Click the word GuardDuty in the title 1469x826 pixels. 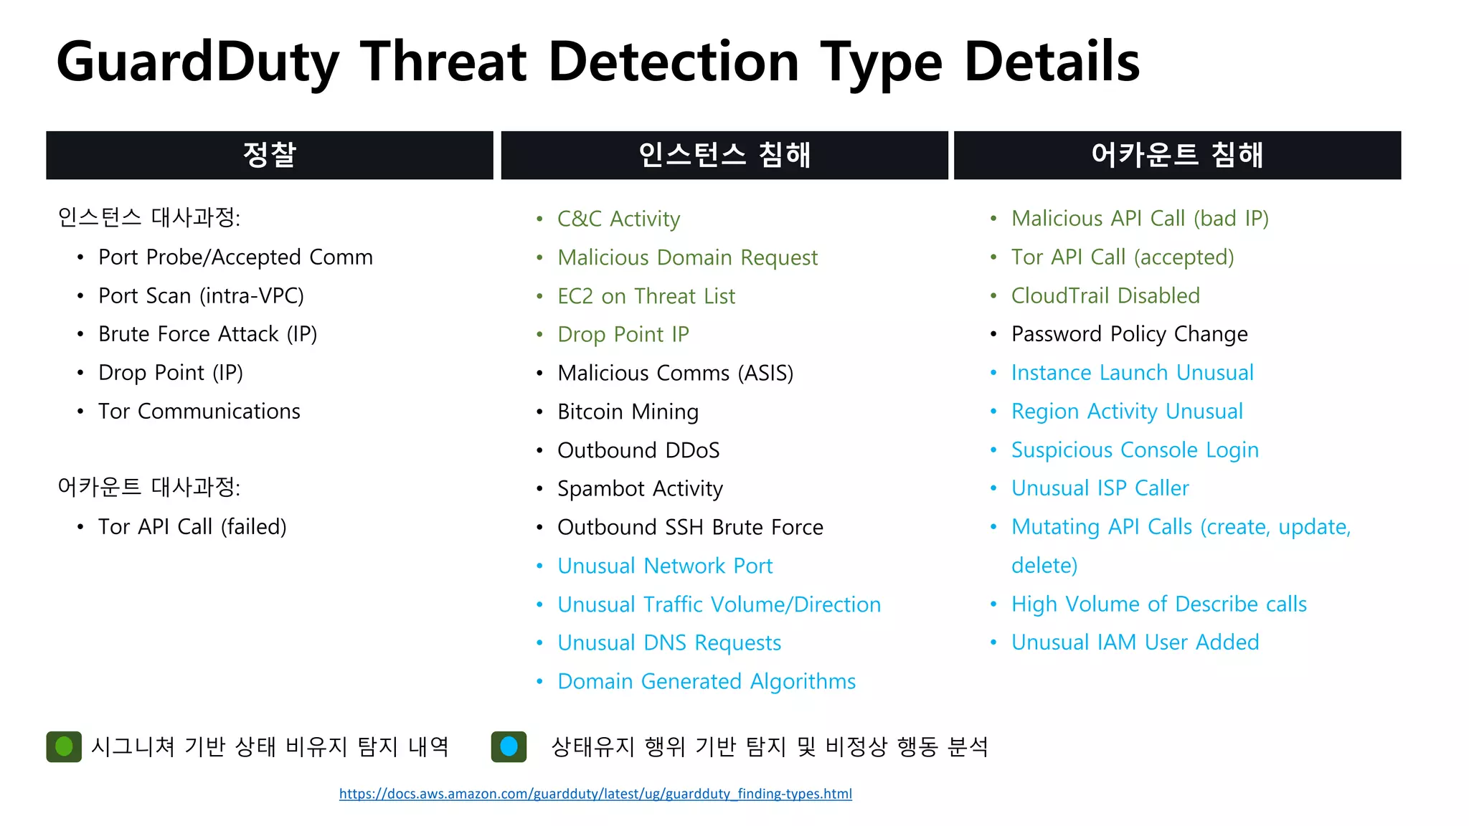point(197,63)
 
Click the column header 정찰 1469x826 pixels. point(269,155)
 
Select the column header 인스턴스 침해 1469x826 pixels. point(724,155)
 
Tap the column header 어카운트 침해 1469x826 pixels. point(1177,155)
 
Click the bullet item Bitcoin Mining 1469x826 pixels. point(628,412)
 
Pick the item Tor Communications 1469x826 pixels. point(199,412)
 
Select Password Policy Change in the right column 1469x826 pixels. point(1129,334)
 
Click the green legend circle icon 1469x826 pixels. point(64,746)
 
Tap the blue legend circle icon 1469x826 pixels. point(509,746)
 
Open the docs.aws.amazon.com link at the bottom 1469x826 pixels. point(595,794)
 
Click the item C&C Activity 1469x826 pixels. point(618,219)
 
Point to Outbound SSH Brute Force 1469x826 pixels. point(690,528)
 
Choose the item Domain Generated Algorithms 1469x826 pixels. point(707,681)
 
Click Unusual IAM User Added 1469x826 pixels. point(1135,642)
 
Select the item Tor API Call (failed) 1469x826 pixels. point(192,527)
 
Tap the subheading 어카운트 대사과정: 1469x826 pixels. point(148,488)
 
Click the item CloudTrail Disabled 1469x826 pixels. point(1105,295)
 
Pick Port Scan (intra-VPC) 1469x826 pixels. point(201,296)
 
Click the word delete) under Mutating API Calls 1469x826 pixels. point(1044,566)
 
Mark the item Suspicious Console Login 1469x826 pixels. point(1135,450)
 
